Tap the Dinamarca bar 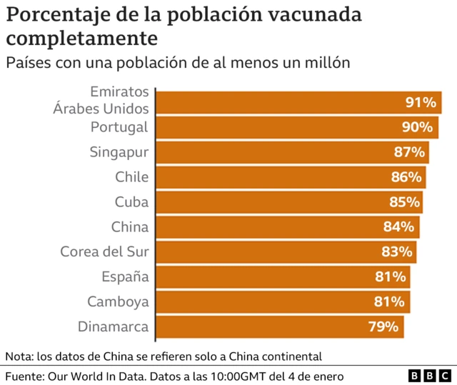tap(279, 327)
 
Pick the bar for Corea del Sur tap(286, 252)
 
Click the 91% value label tap(421, 102)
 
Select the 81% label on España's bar tap(391, 277)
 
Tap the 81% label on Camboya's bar tap(391, 302)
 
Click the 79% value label tap(383, 327)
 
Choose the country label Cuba tap(131, 202)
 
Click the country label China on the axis tap(129, 227)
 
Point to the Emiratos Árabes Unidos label tap(101, 101)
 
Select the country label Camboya tap(118, 302)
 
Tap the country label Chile tap(131, 177)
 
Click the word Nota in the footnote tap(18, 356)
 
